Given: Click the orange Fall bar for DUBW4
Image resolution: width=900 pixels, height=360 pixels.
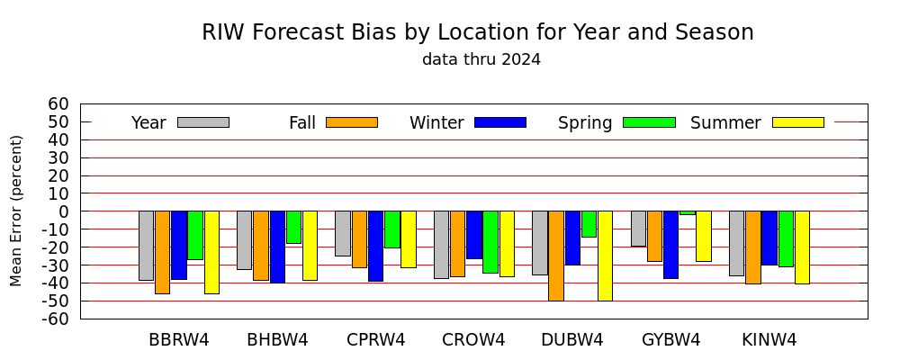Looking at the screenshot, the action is (556, 256).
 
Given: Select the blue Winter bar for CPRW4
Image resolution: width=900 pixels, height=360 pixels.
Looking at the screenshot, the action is (376, 247).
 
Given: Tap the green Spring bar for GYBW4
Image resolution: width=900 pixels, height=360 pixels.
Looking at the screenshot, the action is (688, 213).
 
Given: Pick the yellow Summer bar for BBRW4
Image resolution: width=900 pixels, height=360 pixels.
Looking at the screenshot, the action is (211, 253).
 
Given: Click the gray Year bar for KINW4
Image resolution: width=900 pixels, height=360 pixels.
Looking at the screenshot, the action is (737, 243).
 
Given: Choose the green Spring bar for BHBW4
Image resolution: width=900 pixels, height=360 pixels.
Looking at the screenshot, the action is (294, 228).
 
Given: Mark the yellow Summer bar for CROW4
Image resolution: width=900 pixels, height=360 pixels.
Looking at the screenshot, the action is (508, 244).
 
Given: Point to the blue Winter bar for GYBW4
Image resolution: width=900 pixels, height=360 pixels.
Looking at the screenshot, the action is (671, 245).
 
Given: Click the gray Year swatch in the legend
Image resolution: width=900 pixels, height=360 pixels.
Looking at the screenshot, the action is (203, 122).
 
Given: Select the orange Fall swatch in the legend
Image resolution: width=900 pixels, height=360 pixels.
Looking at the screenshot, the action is (352, 122).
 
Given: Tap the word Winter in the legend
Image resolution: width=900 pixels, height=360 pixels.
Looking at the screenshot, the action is (436, 123).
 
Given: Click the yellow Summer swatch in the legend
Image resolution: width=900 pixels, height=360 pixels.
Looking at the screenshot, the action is (798, 122).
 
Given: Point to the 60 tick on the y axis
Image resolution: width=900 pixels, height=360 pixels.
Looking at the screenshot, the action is (59, 103).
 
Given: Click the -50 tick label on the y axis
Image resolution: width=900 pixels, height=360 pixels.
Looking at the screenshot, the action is (55, 301).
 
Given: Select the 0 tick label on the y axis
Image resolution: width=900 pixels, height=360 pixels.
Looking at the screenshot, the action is (64, 211).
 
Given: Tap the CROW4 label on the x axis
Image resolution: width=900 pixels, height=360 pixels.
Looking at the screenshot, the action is (473, 340).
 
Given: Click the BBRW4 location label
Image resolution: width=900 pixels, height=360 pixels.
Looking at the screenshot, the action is (179, 340).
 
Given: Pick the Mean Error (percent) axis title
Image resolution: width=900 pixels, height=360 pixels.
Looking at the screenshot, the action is (16, 211).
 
